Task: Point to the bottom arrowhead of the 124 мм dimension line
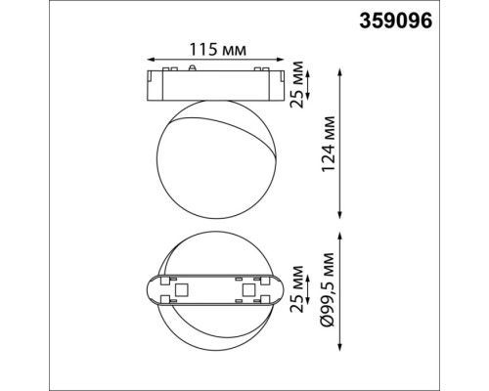pos(338,217)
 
